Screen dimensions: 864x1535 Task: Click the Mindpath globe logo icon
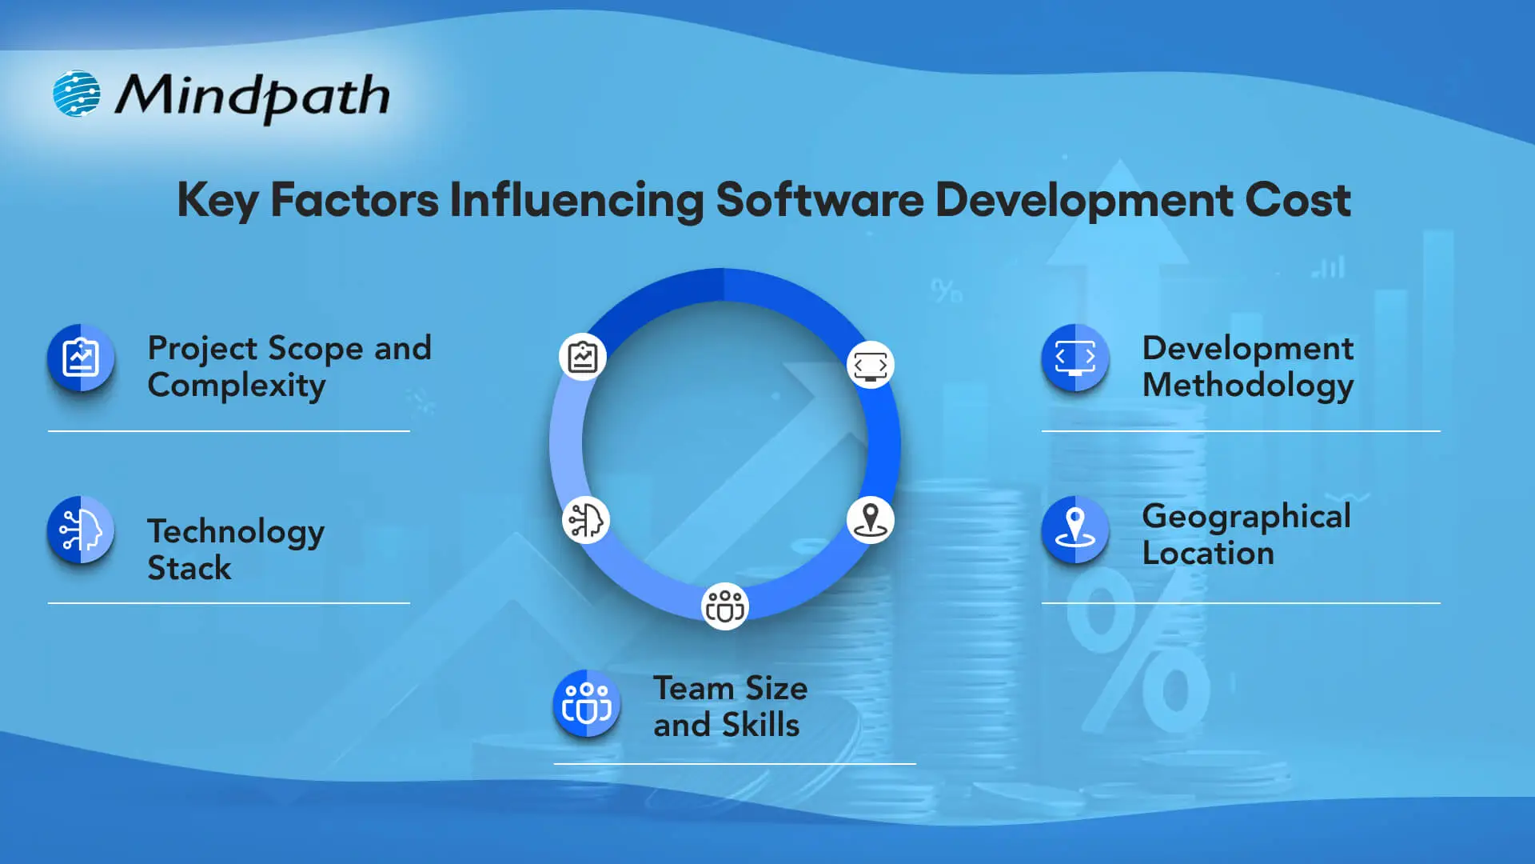(77, 94)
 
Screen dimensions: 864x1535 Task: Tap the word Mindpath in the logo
(253, 96)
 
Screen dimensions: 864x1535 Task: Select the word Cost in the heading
(1298, 200)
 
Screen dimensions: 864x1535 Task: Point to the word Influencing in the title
(576, 200)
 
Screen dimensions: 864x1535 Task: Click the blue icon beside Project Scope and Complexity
(81, 358)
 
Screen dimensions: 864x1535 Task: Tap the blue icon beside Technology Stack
(81, 530)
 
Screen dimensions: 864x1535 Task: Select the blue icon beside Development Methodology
(1075, 358)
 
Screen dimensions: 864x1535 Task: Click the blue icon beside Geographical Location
(1075, 530)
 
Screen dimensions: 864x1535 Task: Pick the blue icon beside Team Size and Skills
(587, 704)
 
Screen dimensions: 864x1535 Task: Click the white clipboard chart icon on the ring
(583, 357)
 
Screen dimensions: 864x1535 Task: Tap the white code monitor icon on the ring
(870, 365)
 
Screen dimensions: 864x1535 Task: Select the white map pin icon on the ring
(870, 520)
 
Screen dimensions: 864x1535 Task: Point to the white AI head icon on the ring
(586, 520)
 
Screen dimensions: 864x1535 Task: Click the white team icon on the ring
(724, 606)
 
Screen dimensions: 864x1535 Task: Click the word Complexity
(237, 386)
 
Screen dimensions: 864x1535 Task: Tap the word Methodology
(1248, 386)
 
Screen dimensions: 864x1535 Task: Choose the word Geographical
(1246, 517)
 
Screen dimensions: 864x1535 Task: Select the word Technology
(236, 532)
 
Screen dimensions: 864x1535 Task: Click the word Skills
(760, 726)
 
